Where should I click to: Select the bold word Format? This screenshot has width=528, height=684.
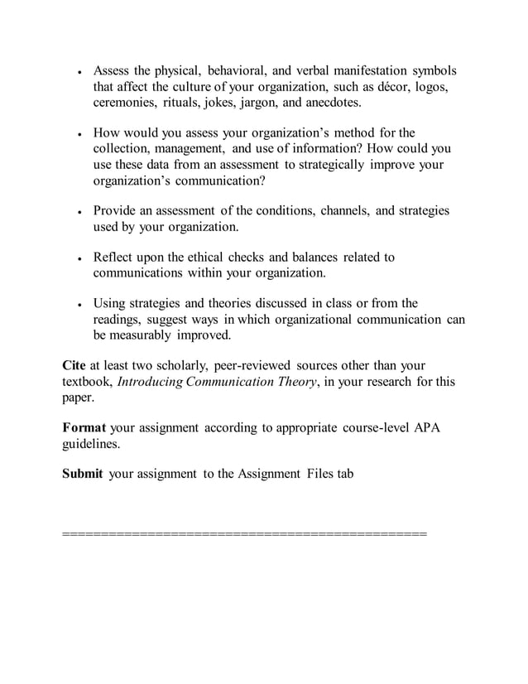pyautogui.click(x=84, y=428)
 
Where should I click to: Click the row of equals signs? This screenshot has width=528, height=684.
pyautogui.click(x=245, y=532)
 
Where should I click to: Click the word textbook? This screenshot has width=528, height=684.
pyautogui.click(x=88, y=382)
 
